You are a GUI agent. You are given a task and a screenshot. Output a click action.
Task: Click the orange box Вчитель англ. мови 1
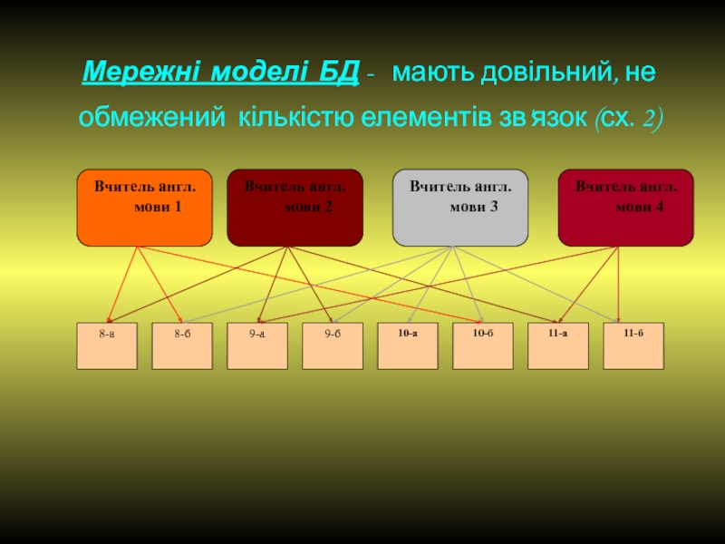(145, 208)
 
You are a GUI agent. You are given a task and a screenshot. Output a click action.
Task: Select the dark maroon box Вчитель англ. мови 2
(295, 208)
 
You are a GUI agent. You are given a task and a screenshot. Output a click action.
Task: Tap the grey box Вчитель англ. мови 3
(460, 208)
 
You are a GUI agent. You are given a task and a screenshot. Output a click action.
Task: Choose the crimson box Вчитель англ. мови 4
(625, 208)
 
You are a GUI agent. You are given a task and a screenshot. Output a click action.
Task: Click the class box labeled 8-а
(107, 345)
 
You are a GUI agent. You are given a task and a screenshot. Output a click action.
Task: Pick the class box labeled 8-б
(182, 345)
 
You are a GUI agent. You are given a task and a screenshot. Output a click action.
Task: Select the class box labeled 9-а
(257, 345)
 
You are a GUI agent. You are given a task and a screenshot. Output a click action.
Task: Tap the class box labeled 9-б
(333, 345)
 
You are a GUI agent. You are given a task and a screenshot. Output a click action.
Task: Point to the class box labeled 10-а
(408, 345)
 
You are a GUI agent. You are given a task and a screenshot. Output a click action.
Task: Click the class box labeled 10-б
(483, 345)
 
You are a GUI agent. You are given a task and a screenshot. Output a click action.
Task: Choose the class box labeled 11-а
(558, 345)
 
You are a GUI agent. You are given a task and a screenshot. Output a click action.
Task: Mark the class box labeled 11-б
(633, 345)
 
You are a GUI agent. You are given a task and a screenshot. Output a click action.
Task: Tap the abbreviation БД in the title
(338, 72)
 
